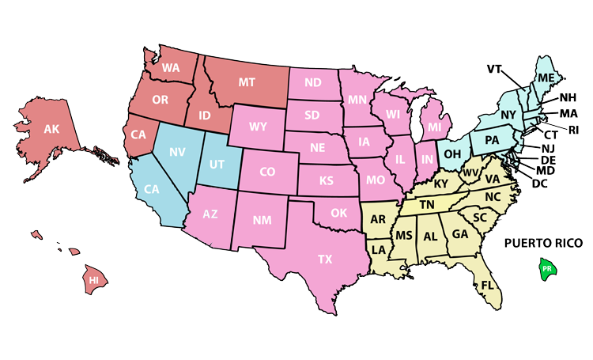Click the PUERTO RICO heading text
[544, 242]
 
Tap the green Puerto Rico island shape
[546, 269]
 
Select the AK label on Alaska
[51, 129]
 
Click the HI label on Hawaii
[93, 280]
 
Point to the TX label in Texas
[325, 259]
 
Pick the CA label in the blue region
[151, 190]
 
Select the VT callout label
[495, 69]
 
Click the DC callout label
[540, 184]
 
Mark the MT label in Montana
[246, 83]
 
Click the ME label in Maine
[546, 77]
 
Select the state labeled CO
[268, 171]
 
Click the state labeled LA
[380, 249]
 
